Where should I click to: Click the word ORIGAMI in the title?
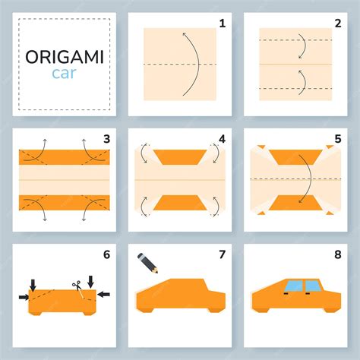pyautogui.click(x=65, y=57)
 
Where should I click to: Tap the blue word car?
pyautogui.click(x=64, y=74)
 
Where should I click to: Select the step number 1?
pyautogui.click(x=222, y=24)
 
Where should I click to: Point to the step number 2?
pyautogui.click(x=338, y=24)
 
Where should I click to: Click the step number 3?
pyautogui.click(x=106, y=139)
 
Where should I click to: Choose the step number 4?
pyautogui.click(x=222, y=139)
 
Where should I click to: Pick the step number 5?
pyautogui.click(x=338, y=139)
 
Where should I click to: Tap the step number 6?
pyautogui.click(x=106, y=254)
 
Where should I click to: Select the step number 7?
pyautogui.click(x=222, y=254)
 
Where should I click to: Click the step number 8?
pyautogui.click(x=338, y=254)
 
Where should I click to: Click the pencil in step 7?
pyautogui.click(x=147, y=263)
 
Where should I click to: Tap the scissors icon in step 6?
pyautogui.click(x=77, y=287)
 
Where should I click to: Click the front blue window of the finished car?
pyautogui.click(x=294, y=286)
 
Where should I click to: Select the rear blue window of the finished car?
pyautogui.click(x=314, y=286)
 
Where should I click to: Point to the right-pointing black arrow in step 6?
pyautogui.click(x=24, y=297)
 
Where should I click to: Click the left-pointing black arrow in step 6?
pyautogui.click(x=104, y=294)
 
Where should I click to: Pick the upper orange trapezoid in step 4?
pyautogui.click(x=180, y=157)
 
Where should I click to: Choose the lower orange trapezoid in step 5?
pyautogui.click(x=295, y=203)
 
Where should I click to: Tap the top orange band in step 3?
pyautogui.click(x=65, y=157)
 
